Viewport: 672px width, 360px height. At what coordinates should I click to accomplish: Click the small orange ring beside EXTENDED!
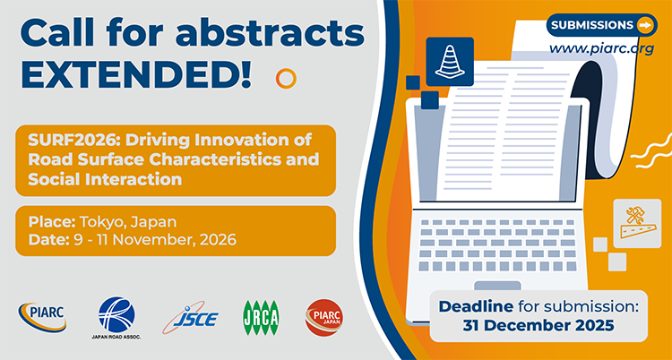point(286,78)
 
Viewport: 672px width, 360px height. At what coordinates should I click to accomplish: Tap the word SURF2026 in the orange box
point(59,141)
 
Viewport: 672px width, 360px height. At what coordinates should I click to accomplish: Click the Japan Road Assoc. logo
point(113,316)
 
